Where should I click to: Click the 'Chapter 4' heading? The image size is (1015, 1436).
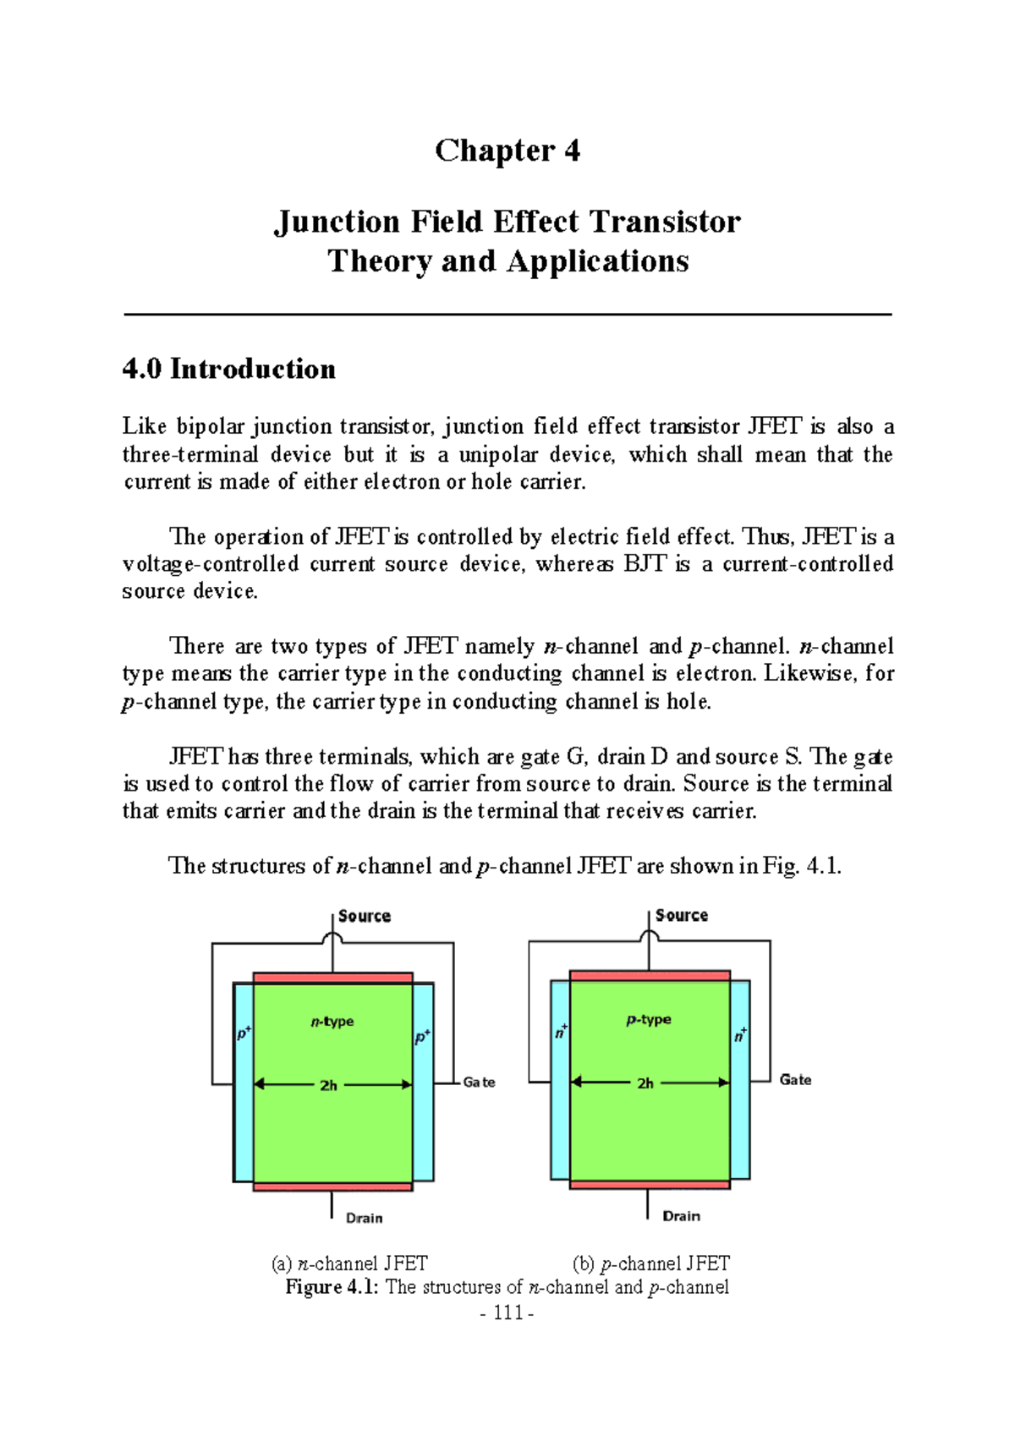coord(507,151)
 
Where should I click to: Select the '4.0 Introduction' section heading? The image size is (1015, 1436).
coord(229,369)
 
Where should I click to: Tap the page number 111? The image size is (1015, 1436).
coord(507,1313)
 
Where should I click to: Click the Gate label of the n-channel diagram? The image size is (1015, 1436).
coord(479,1082)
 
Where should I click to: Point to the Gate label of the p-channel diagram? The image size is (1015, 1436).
coord(795,1079)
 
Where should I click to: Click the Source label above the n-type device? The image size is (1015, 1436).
coord(365,916)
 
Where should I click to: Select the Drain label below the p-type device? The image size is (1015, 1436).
coord(681,1216)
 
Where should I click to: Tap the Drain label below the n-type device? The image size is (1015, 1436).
coord(365,1218)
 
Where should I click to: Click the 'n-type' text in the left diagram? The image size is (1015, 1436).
coord(332,1022)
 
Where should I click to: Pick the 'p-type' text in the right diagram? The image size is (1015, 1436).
coord(649,1020)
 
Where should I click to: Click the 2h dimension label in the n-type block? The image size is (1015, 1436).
coord(328,1085)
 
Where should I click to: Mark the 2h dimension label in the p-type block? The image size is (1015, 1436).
coord(645,1083)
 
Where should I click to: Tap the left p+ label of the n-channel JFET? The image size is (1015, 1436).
coord(244,1033)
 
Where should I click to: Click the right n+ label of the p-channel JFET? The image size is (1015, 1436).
coord(740,1035)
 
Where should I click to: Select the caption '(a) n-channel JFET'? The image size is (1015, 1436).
coord(349,1263)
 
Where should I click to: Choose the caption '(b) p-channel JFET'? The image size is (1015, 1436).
coord(650,1263)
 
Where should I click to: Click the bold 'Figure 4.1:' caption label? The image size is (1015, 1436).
coord(332,1287)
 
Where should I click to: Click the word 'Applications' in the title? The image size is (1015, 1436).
coord(598,261)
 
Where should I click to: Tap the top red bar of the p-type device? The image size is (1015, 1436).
coord(650,975)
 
